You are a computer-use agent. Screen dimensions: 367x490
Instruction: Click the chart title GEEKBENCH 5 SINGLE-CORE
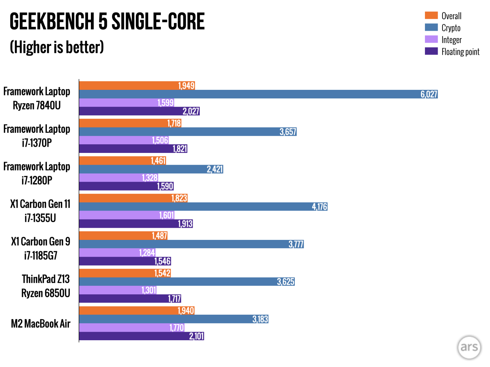click(x=107, y=22)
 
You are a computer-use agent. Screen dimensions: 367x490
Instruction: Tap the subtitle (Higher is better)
click(x=57, y=47)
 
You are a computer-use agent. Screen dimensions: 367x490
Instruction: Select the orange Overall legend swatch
click(x=431, y=16)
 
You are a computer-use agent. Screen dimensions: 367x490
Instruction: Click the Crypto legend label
click(x=451, y=28)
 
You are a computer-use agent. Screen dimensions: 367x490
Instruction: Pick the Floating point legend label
click(x=460, y=52)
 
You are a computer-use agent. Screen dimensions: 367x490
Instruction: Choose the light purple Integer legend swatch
click(x=431, y=39)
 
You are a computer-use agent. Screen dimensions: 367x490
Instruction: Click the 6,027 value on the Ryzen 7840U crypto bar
click(x=429, y=94)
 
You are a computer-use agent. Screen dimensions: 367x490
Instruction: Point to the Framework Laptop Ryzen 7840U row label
click(x=37, y=98)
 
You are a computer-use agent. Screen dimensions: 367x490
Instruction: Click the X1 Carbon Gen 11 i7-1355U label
click(x=40, y=211)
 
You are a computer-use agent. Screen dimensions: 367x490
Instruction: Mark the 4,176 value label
click(x=319, y=207)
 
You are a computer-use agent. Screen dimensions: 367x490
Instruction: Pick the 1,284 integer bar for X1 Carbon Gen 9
click(x=117, y=253)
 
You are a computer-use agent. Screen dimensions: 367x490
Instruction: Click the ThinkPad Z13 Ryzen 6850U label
click(x=46, y=286)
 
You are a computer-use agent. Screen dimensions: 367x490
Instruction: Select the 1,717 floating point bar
click(x=130, y=299)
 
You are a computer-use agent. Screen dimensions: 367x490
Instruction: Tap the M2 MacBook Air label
click(x=41, y=324)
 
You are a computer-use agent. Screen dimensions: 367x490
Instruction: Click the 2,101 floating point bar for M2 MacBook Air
click(x=141, y=336)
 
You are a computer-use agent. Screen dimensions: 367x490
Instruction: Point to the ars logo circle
click(x=469, y=347)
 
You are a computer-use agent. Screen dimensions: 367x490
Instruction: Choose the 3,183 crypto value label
click(x=260, y=319)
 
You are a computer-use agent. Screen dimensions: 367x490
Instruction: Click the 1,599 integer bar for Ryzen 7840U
click(x=126, y=103)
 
